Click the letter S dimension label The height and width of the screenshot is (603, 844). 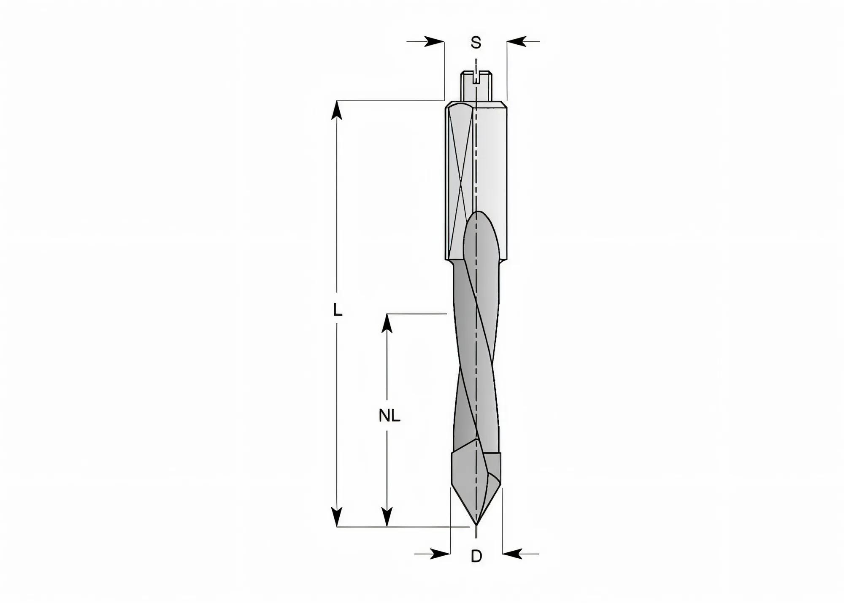pyautogui.click(x=476, y=43)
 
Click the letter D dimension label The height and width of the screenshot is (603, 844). pyautogui.click(x=476, y=556)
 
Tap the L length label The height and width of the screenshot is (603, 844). pyautogui.click(x=337, y=310)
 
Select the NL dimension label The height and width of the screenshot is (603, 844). pyautogui.click(x=389, y=416)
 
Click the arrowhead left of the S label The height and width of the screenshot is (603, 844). pyautogui.click(x=434, y=41)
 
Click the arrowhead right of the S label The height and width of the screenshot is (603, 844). pyautogui.click(x=517, y=41)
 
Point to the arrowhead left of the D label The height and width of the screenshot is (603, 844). pyautogui.click(x=440, y=554)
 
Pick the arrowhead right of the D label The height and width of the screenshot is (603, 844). pyautogui.click(x=512, y=554)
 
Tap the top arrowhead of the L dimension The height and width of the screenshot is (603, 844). pyautogui.click(x=336, y=111)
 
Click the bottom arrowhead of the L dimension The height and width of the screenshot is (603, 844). pyautogui.click(x=336, y=516)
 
